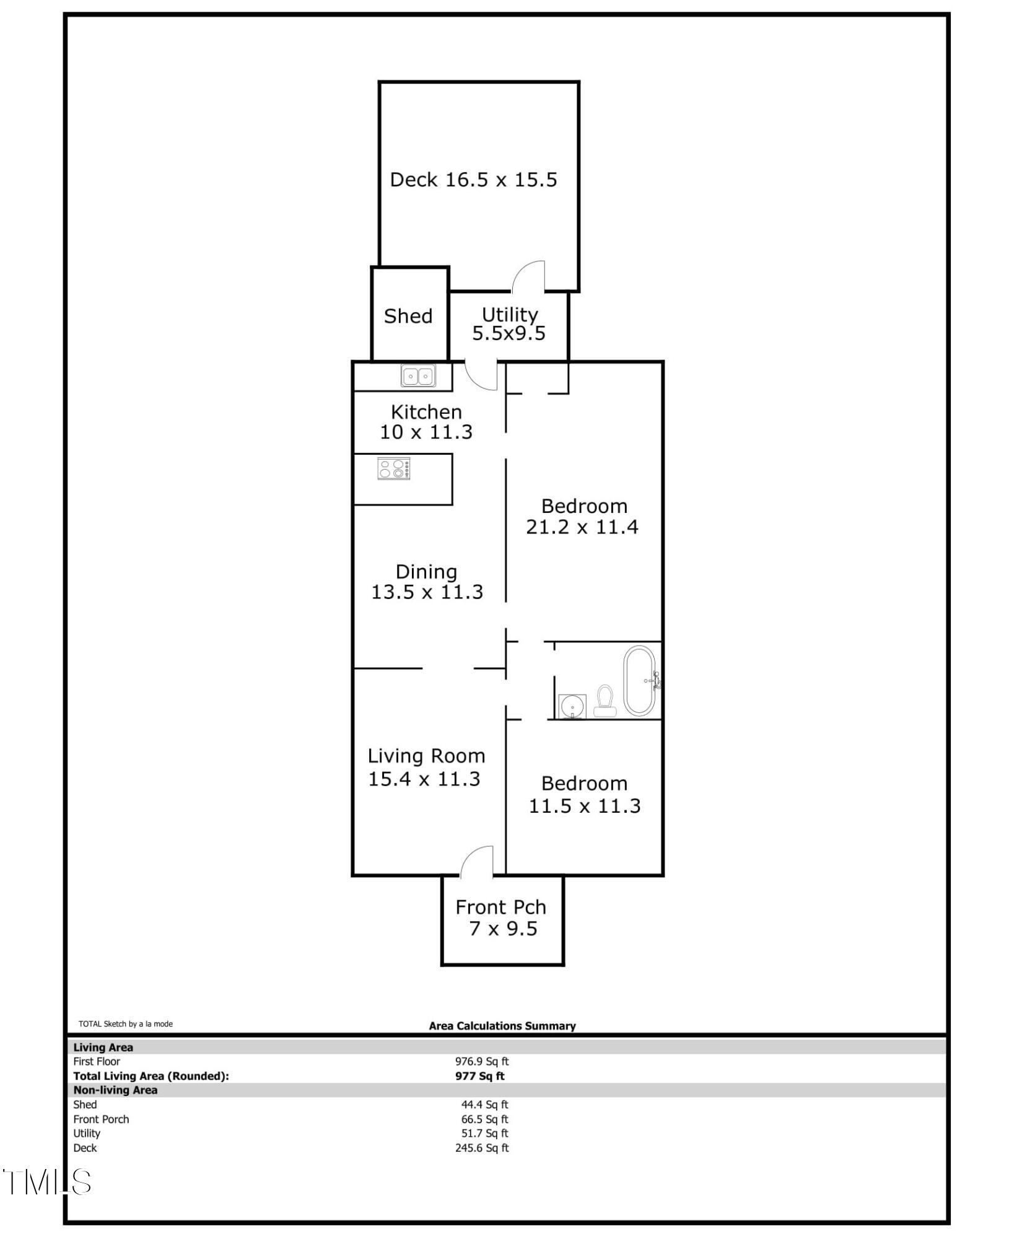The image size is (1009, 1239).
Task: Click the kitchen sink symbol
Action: coord(418,375)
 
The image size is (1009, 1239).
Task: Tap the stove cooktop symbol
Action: coord(394,468)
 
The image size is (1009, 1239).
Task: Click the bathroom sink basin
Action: coord(572,706)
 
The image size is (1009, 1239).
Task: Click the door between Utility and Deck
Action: coord(528,277)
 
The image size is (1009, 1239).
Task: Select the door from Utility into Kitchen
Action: coord(481,375)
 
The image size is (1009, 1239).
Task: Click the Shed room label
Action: coord(408,317)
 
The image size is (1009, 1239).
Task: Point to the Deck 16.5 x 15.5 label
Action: coord(474,180)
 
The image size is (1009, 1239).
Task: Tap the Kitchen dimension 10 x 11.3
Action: coord(426,432)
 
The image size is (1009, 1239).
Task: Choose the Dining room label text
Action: coord(426,571)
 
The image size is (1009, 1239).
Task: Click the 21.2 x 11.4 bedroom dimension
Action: coord(582,527)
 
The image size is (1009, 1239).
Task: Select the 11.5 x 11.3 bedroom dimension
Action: coord(585,805)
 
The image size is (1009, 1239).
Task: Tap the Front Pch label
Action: coord(500,907)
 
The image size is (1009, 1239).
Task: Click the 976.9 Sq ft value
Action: coord(482,1061)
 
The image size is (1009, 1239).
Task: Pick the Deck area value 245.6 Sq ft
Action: coord(482,1148)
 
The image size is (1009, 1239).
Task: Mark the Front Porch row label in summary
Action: coord(101,1119)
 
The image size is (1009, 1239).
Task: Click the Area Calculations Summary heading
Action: coord(502,1026)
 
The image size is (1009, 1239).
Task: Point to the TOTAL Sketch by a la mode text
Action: coord(126,1024)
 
